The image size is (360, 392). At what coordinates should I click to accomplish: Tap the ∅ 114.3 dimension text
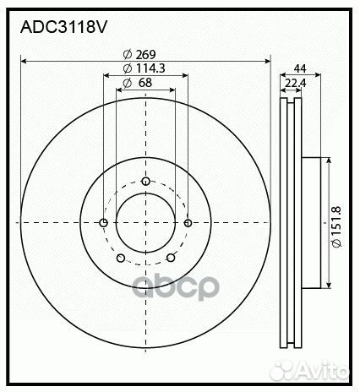[x=145, y=68]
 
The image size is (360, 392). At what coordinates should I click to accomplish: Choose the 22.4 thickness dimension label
[x=296, y=82]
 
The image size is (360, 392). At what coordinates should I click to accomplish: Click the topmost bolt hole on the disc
[x=145, y=182]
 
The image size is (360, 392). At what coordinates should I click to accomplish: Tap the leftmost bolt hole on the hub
[x=103, y=223]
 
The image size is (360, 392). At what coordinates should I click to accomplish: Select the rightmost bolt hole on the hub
[x=188, y=223]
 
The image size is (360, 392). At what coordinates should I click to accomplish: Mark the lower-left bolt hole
[x=120, y=259]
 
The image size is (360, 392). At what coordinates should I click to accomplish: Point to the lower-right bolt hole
[x=171, y=259]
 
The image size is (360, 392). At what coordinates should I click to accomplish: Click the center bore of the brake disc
[x=145, y=222]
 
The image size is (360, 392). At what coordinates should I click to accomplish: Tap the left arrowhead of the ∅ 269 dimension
[x=25, y=61]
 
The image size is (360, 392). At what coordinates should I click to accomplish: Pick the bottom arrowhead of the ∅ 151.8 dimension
[x=327, y=284]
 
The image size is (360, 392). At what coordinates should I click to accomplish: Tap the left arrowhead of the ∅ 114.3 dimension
[x=106, y=74]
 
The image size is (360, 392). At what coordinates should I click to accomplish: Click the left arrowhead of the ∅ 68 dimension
[x=119, y=89]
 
